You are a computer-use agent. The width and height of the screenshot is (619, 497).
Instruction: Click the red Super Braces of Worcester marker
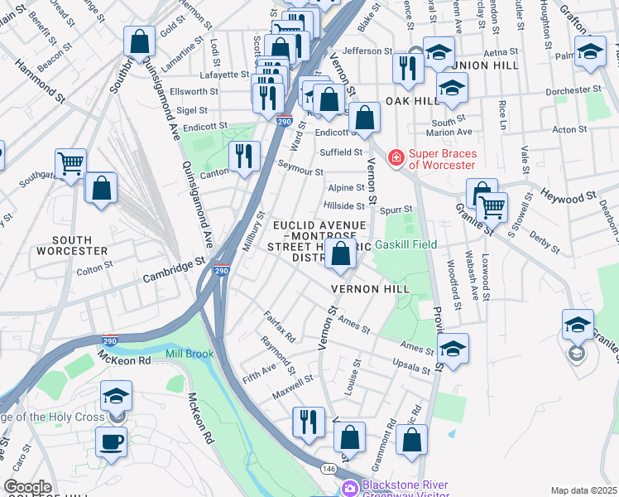[396, 157]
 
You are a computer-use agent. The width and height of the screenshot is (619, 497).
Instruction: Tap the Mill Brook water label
[189, 354]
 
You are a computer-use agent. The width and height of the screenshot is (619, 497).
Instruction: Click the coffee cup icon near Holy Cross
[111, 442]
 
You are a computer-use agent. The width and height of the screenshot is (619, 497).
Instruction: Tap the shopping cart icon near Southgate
[70, 163]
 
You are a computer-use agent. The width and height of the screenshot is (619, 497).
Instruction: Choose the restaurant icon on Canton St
[244, 155]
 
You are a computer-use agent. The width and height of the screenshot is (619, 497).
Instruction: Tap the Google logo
[27, 487]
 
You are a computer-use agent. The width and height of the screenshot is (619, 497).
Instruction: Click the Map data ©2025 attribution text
[583, 490]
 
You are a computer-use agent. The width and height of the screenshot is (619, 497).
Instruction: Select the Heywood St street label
[569, 196]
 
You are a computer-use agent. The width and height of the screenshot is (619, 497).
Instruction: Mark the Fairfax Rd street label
[279, 326]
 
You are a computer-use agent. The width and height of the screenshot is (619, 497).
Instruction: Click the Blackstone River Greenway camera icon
[350, 489]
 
